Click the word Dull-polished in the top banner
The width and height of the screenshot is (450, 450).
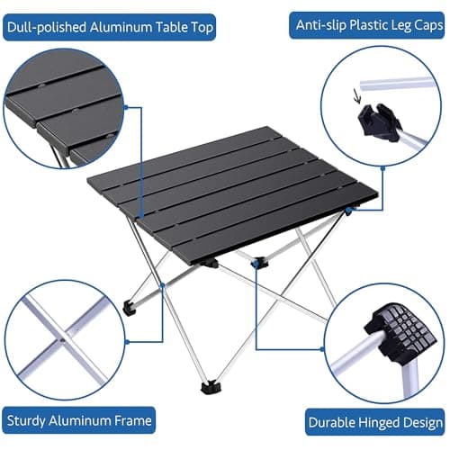pos(45,27)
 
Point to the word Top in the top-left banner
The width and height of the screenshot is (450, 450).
pos(202,27)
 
